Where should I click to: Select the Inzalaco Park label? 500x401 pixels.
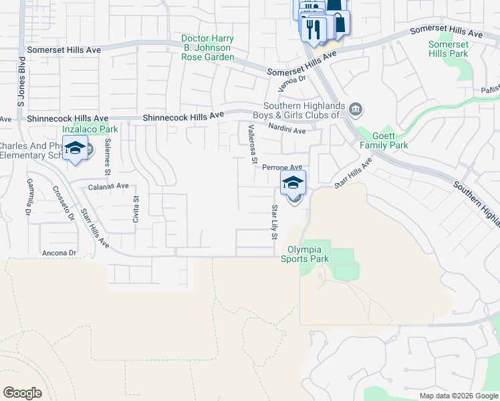(x=85, y=128)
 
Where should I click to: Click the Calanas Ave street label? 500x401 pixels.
(x=108, y=186)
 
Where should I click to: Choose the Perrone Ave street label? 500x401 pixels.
(x=282, y=167)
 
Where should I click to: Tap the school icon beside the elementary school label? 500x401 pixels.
(x=75, y=148)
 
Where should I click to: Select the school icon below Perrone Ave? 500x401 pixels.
(x=293, y=182)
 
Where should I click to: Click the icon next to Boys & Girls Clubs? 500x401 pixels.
(x=356, y=109)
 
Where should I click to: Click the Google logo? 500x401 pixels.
(x=22, y=393)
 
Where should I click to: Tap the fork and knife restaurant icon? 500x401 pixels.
(x=311, y=27)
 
